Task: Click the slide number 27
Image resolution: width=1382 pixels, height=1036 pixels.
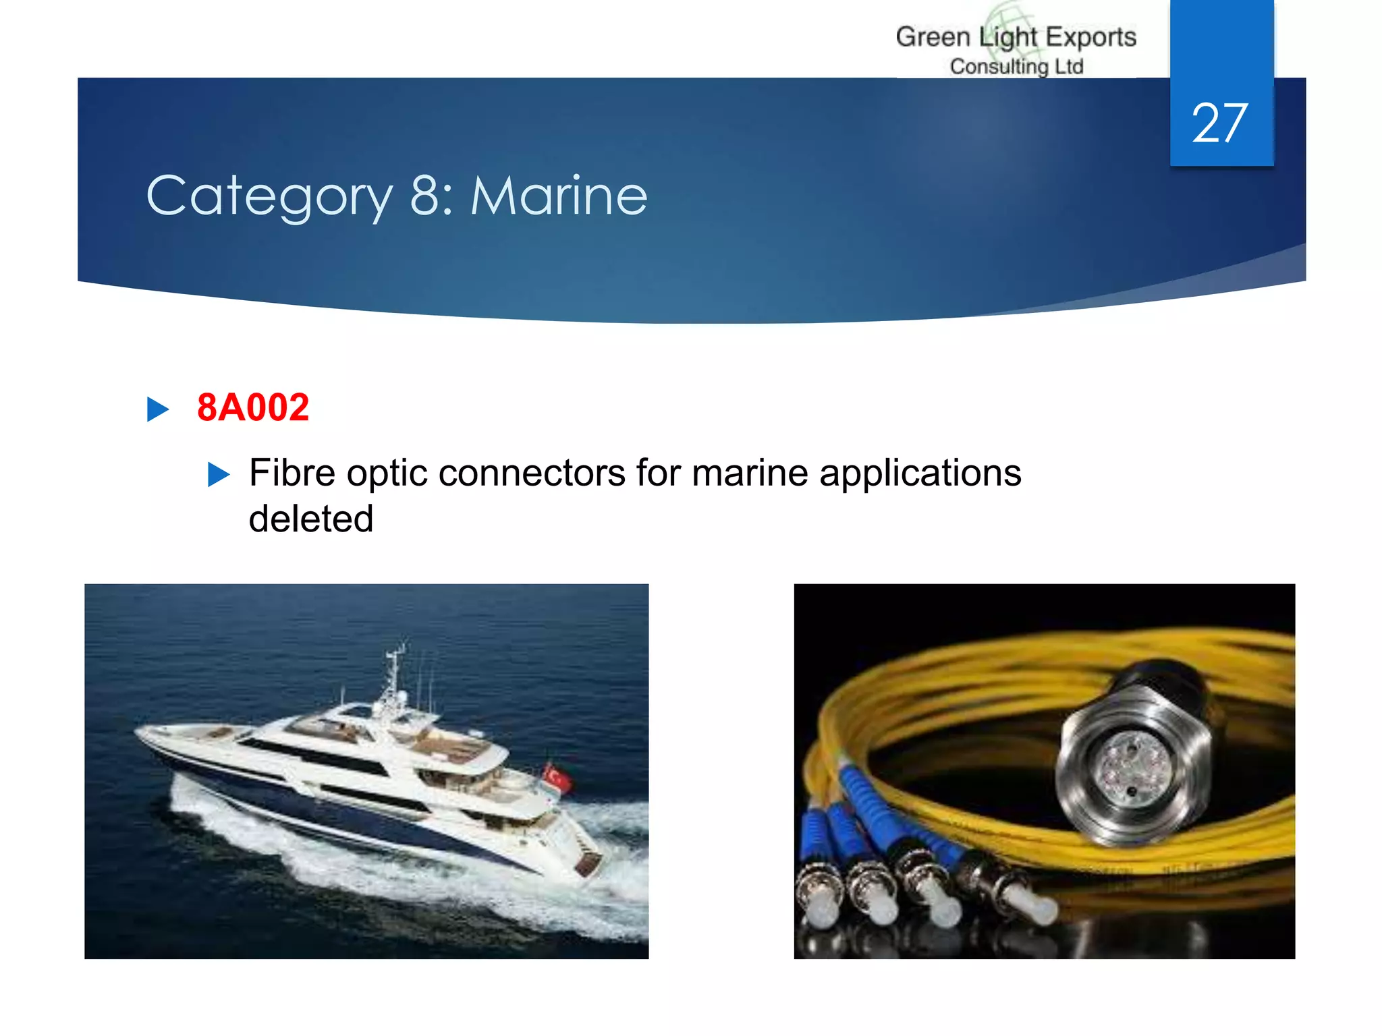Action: (1219, 123)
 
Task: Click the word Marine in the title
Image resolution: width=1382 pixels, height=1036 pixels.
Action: (559, 196)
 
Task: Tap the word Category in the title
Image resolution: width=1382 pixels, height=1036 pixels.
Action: (269, 196)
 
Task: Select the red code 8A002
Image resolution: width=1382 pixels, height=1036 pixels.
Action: (253, 407)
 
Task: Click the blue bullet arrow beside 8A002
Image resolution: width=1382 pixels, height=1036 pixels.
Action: (157, 409)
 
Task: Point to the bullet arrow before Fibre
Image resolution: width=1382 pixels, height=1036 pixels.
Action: (219, 474)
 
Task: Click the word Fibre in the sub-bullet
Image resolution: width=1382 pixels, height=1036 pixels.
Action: (292, 473)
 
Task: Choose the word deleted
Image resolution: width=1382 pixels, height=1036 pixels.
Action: (311, 519)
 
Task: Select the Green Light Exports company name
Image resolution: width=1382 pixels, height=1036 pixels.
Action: (1016, 37)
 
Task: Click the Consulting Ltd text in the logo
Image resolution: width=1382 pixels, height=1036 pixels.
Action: (1016, 67)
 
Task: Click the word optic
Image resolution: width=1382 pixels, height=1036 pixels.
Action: (387, 473)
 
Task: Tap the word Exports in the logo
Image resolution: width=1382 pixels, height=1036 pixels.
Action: (1091, 37)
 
